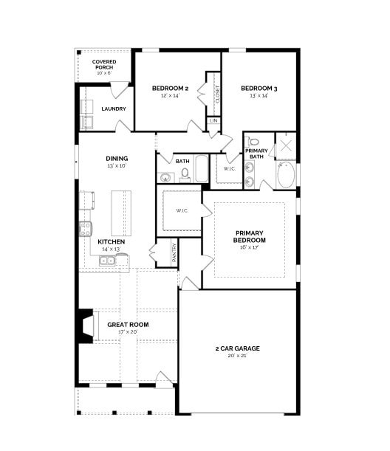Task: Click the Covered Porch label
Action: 103,64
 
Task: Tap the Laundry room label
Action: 113,109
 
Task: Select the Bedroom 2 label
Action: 170,89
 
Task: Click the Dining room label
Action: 117,158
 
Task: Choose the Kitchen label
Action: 111,241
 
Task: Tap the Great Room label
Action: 128,324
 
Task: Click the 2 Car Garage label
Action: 237,348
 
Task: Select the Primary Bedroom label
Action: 249,237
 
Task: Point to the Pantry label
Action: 174,252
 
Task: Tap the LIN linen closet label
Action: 213,120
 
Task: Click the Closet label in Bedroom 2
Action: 217,94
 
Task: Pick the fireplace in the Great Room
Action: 86,325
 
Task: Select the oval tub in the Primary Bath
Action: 285,176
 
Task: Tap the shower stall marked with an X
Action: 285,146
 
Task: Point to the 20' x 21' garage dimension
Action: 237,356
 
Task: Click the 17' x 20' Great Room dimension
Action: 128,332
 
